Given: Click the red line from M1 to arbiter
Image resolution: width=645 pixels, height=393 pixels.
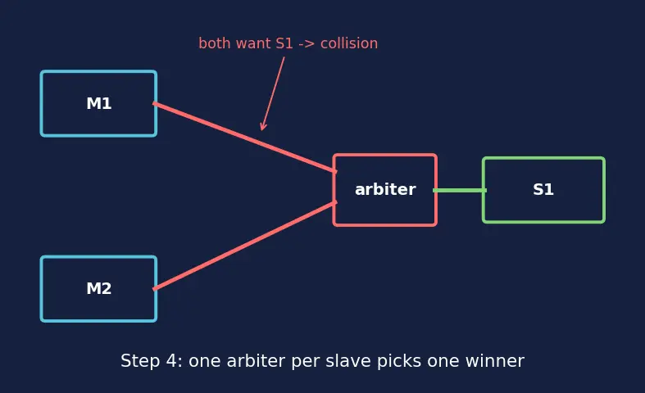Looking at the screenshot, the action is [245, 138].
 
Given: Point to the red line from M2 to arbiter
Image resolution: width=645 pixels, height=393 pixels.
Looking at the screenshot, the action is [245, 246].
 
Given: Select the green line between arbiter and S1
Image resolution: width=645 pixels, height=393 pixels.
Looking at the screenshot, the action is [460, 190].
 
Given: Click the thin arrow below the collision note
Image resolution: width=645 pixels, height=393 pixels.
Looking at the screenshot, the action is [272, 93].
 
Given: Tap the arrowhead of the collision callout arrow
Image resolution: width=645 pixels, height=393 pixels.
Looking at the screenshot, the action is [262, 129].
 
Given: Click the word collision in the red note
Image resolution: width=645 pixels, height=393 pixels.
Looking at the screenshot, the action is [349, 43].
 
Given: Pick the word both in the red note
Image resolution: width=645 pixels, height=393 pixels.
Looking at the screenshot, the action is [214, 43].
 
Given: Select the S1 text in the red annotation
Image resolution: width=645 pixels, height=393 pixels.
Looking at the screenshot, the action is [284, 43].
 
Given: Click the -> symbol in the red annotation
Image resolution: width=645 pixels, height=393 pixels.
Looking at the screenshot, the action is [307, 43].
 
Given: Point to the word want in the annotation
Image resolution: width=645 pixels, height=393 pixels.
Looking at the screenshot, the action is [252, 43].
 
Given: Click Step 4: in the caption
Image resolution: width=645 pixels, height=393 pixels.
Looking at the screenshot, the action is [152, 361].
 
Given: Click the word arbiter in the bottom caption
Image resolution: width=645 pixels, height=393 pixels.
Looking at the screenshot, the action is [256, 361].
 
